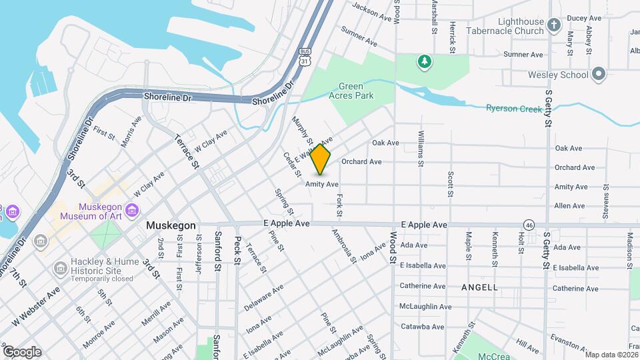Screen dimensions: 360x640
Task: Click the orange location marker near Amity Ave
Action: [321, 159]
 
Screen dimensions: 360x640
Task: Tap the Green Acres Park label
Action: [355, 91]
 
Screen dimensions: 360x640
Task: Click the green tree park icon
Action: [423, 62]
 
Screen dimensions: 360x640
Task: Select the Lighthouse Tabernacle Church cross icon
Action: [554, 26]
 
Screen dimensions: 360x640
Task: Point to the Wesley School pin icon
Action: [599, 75]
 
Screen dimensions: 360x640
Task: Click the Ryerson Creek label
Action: [512, 108]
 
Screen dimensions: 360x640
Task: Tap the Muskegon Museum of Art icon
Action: [12, 211]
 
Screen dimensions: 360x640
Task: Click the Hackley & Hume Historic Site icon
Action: [60, 268]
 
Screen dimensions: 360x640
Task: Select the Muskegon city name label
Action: [171, 225]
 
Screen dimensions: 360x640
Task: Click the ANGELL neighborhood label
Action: [479, 287]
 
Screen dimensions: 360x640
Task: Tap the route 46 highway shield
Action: [529, 224]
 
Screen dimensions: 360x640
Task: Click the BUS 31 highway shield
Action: [305, 57]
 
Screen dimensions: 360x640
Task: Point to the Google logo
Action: [21, 351]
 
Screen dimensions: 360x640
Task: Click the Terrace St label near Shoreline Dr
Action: [187, 151]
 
